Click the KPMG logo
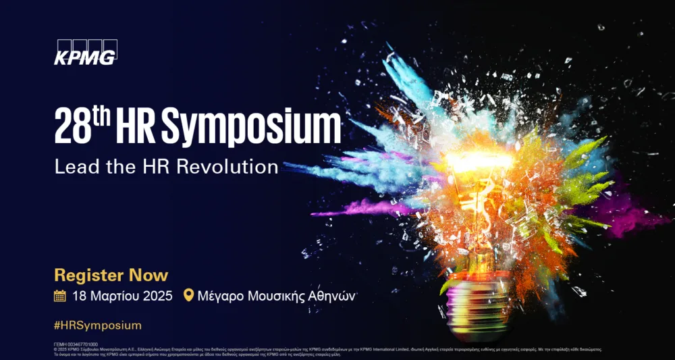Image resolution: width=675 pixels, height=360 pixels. click(x=85, y=53)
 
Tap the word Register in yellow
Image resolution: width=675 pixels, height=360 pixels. click(x=88, y=276)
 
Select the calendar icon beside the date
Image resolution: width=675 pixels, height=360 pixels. click(x=60, y=295)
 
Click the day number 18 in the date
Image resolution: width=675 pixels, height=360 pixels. click(x=80, y=296)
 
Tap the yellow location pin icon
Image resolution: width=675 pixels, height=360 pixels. click(x=188, y=295)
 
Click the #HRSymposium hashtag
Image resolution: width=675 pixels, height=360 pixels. click(x=98, y=325)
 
